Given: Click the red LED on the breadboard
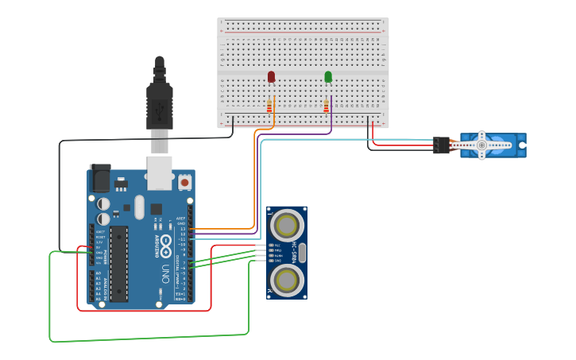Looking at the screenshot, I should [x=271, y=77].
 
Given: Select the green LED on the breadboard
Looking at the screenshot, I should [x=328, y=77].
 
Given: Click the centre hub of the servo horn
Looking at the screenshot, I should [x=481, y=145].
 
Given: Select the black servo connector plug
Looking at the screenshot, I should [x=441, y=145].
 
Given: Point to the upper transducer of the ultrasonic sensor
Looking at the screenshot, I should [x=286, y=226].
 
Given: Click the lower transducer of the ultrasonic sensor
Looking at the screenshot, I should [x=286, y=280].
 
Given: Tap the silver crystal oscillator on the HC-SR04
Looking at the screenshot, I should [x=302, y=253].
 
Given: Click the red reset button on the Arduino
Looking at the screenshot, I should [x=185, y=182].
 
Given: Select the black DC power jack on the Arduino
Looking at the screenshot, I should [x=100, y=178].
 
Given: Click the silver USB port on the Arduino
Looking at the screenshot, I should [x=160, y=172].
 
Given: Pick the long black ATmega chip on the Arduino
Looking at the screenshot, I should [x=118, y=264].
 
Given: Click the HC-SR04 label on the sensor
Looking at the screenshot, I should [x=294, y=252].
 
